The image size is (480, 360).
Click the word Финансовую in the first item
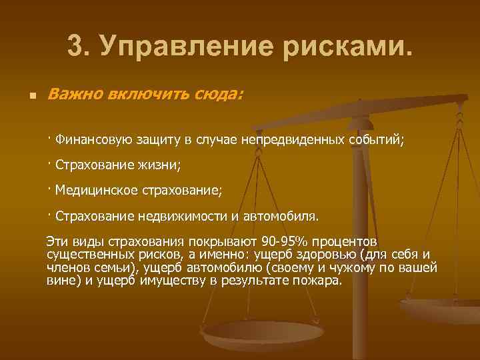[x=91, y=140]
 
